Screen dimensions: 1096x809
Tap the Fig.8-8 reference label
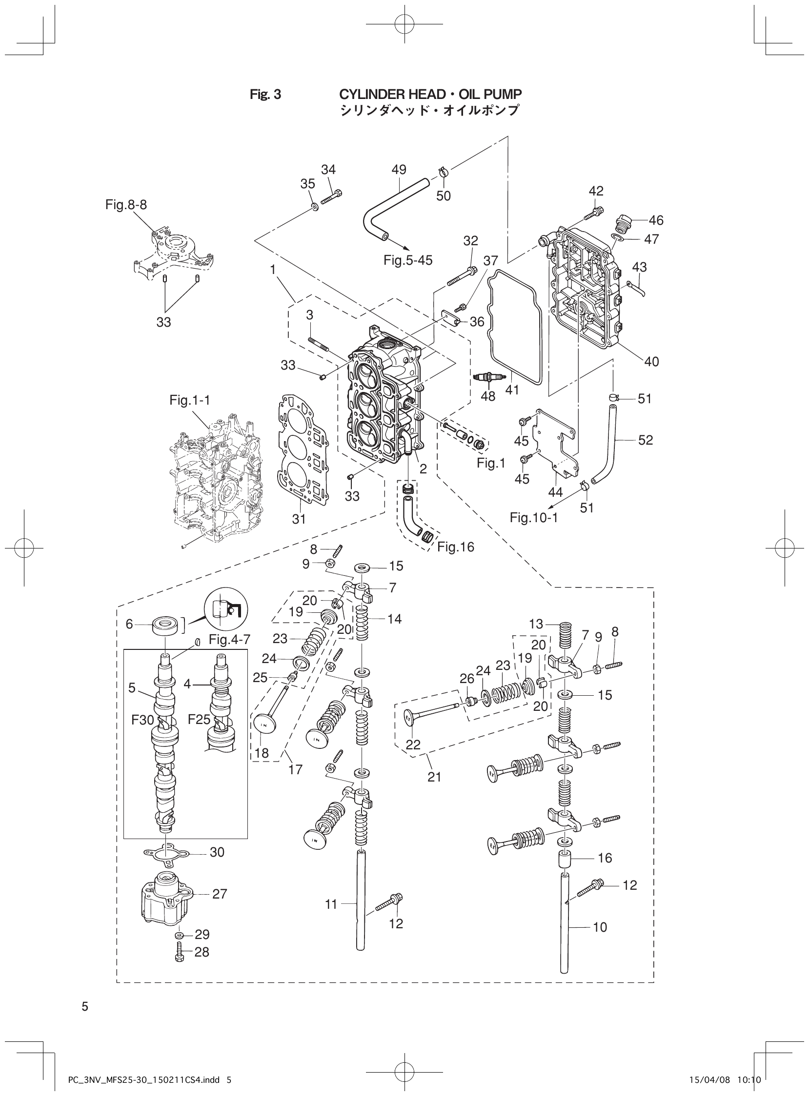(126, 204)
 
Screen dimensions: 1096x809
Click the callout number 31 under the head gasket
(299, 519)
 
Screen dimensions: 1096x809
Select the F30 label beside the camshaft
(142, 720)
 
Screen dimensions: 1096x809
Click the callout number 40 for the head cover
(651, 362)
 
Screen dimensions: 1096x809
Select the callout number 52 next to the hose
(646, 440)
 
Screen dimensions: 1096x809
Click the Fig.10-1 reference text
(533, 517)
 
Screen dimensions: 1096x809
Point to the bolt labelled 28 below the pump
(180, 953)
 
